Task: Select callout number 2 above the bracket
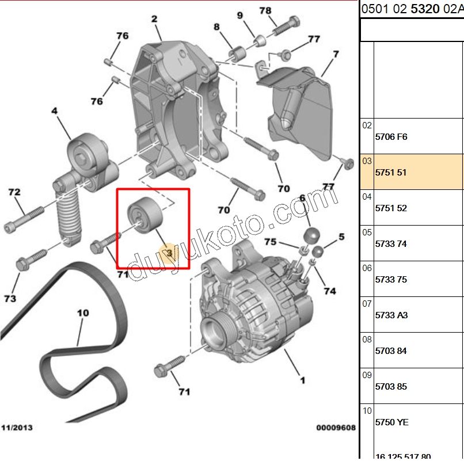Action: click(154, 20)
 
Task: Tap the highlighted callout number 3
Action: click(169, 253)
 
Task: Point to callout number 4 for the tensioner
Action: click(55, 110)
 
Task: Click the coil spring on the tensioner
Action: click(70, 213)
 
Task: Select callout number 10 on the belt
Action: click(83, 314)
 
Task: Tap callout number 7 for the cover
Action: click(336, 55)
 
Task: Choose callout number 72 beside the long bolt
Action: click(14, 192)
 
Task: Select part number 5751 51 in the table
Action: click(391, 172)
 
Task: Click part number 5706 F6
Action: click(391, 136)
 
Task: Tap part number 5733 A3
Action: click(391, 315)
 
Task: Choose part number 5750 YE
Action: click(391, 422)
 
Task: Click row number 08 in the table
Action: click(367, 340)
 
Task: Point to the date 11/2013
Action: click(17, 428)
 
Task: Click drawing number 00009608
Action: click(336, 428)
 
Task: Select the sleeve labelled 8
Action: click(237, 54)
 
